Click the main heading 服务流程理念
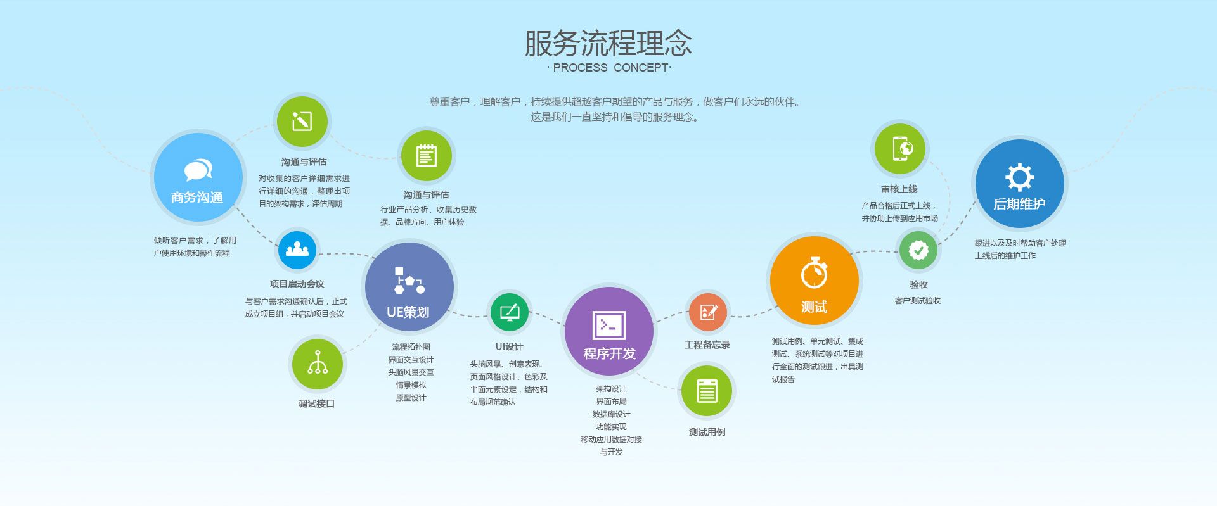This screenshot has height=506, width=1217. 608,43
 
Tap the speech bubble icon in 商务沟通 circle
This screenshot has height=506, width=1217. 198,170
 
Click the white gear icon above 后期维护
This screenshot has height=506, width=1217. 1019,177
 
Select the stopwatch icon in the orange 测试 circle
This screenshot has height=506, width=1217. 814,273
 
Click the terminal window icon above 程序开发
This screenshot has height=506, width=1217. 608,326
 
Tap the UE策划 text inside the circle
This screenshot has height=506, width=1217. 408,312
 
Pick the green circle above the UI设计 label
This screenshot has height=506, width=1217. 510,312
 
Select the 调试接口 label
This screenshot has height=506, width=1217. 316,403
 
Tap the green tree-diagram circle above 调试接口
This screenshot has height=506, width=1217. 317,364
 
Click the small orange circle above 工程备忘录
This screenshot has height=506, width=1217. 708,312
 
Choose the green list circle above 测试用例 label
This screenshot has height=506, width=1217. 707,391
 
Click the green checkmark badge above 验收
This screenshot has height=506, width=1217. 918,250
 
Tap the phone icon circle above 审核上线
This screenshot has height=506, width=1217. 900,149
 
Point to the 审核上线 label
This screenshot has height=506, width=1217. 899,189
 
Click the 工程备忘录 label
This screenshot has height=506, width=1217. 707,345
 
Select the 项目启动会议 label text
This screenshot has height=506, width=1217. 297,284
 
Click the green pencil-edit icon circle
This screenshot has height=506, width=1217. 302,121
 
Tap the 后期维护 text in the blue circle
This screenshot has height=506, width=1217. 1019,204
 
